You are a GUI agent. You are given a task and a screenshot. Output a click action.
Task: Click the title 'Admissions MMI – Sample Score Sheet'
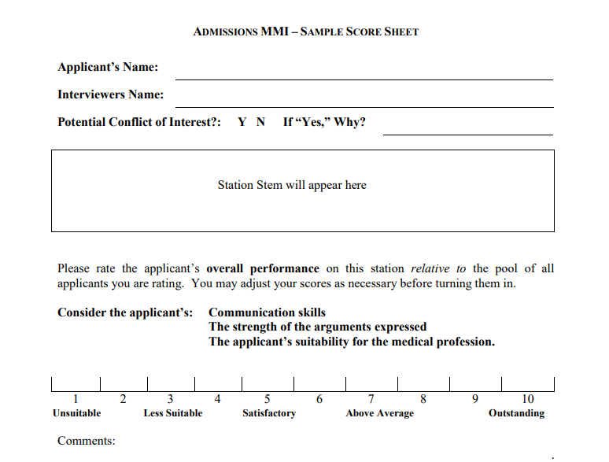(x=305, y=32)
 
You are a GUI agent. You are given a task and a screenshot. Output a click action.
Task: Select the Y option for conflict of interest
(x=242, y=122)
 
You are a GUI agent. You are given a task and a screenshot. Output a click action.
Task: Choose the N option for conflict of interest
(x=261, y=122)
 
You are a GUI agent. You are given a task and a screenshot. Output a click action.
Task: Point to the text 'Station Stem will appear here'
(x=292, y=186)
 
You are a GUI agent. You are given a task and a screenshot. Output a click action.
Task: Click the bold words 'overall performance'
(x=263, y=268)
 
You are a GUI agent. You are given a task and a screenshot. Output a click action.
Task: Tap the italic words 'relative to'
(x=430, y=268)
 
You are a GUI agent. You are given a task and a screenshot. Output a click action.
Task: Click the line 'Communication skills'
(x=267, y=312)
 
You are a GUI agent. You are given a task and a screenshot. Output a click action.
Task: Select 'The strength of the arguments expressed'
(x=317, y=327)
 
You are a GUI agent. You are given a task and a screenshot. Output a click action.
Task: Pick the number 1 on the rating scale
(x=76, y=399)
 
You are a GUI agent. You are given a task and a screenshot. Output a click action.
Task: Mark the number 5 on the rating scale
(x=268, y=399)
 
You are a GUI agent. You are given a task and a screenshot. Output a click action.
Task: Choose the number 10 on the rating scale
(x=527, y=399)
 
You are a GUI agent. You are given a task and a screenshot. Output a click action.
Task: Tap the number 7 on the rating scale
(x=371, y=399)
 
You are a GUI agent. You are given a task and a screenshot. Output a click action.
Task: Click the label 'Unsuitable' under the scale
(x=76, y=413)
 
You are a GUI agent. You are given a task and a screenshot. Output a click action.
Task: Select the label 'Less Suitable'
(x=172, y=413)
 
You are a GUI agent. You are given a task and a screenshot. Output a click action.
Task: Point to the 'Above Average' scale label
(x=379, y=413)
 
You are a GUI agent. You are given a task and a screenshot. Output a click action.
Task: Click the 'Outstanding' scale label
(x=516, y=413)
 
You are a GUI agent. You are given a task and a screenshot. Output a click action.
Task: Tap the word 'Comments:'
(x=86, y=441)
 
